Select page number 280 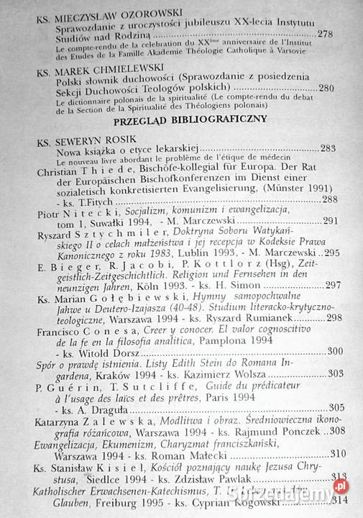pyautogui.click(x=345, y=88)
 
